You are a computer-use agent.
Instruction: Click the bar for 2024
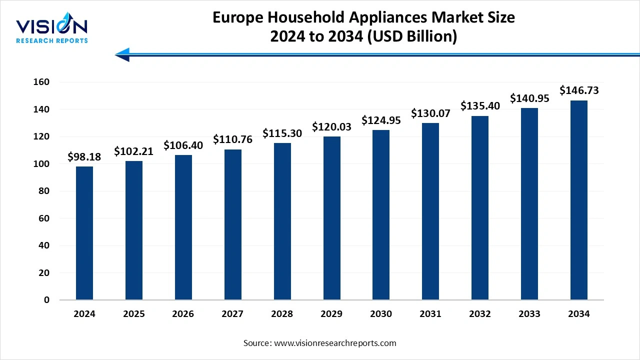click(x=84, y=233)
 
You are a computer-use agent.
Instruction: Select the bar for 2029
click(x=332, y=218)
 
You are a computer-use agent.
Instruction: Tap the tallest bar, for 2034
click(x=579, y=200)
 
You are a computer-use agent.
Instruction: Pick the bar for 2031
click(x=430, y=211)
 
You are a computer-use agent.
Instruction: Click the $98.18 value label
click(x=84, y=157)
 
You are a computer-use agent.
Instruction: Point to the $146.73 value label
click(x=579, y=90)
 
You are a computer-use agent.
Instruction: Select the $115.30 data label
click(x=282, y=133)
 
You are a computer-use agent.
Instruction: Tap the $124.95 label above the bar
click(x=381, y=120)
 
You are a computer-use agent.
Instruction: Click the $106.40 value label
click(x=183, y=145)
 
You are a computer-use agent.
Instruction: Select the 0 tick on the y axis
click(x=46, y=300)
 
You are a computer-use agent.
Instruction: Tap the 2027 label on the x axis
click(x=232, y=314)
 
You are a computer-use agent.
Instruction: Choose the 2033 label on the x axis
click(x=529, y=314)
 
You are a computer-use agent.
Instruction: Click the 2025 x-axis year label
click(x=134, y=314)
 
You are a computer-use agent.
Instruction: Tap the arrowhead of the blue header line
click(x=122, y=54)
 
